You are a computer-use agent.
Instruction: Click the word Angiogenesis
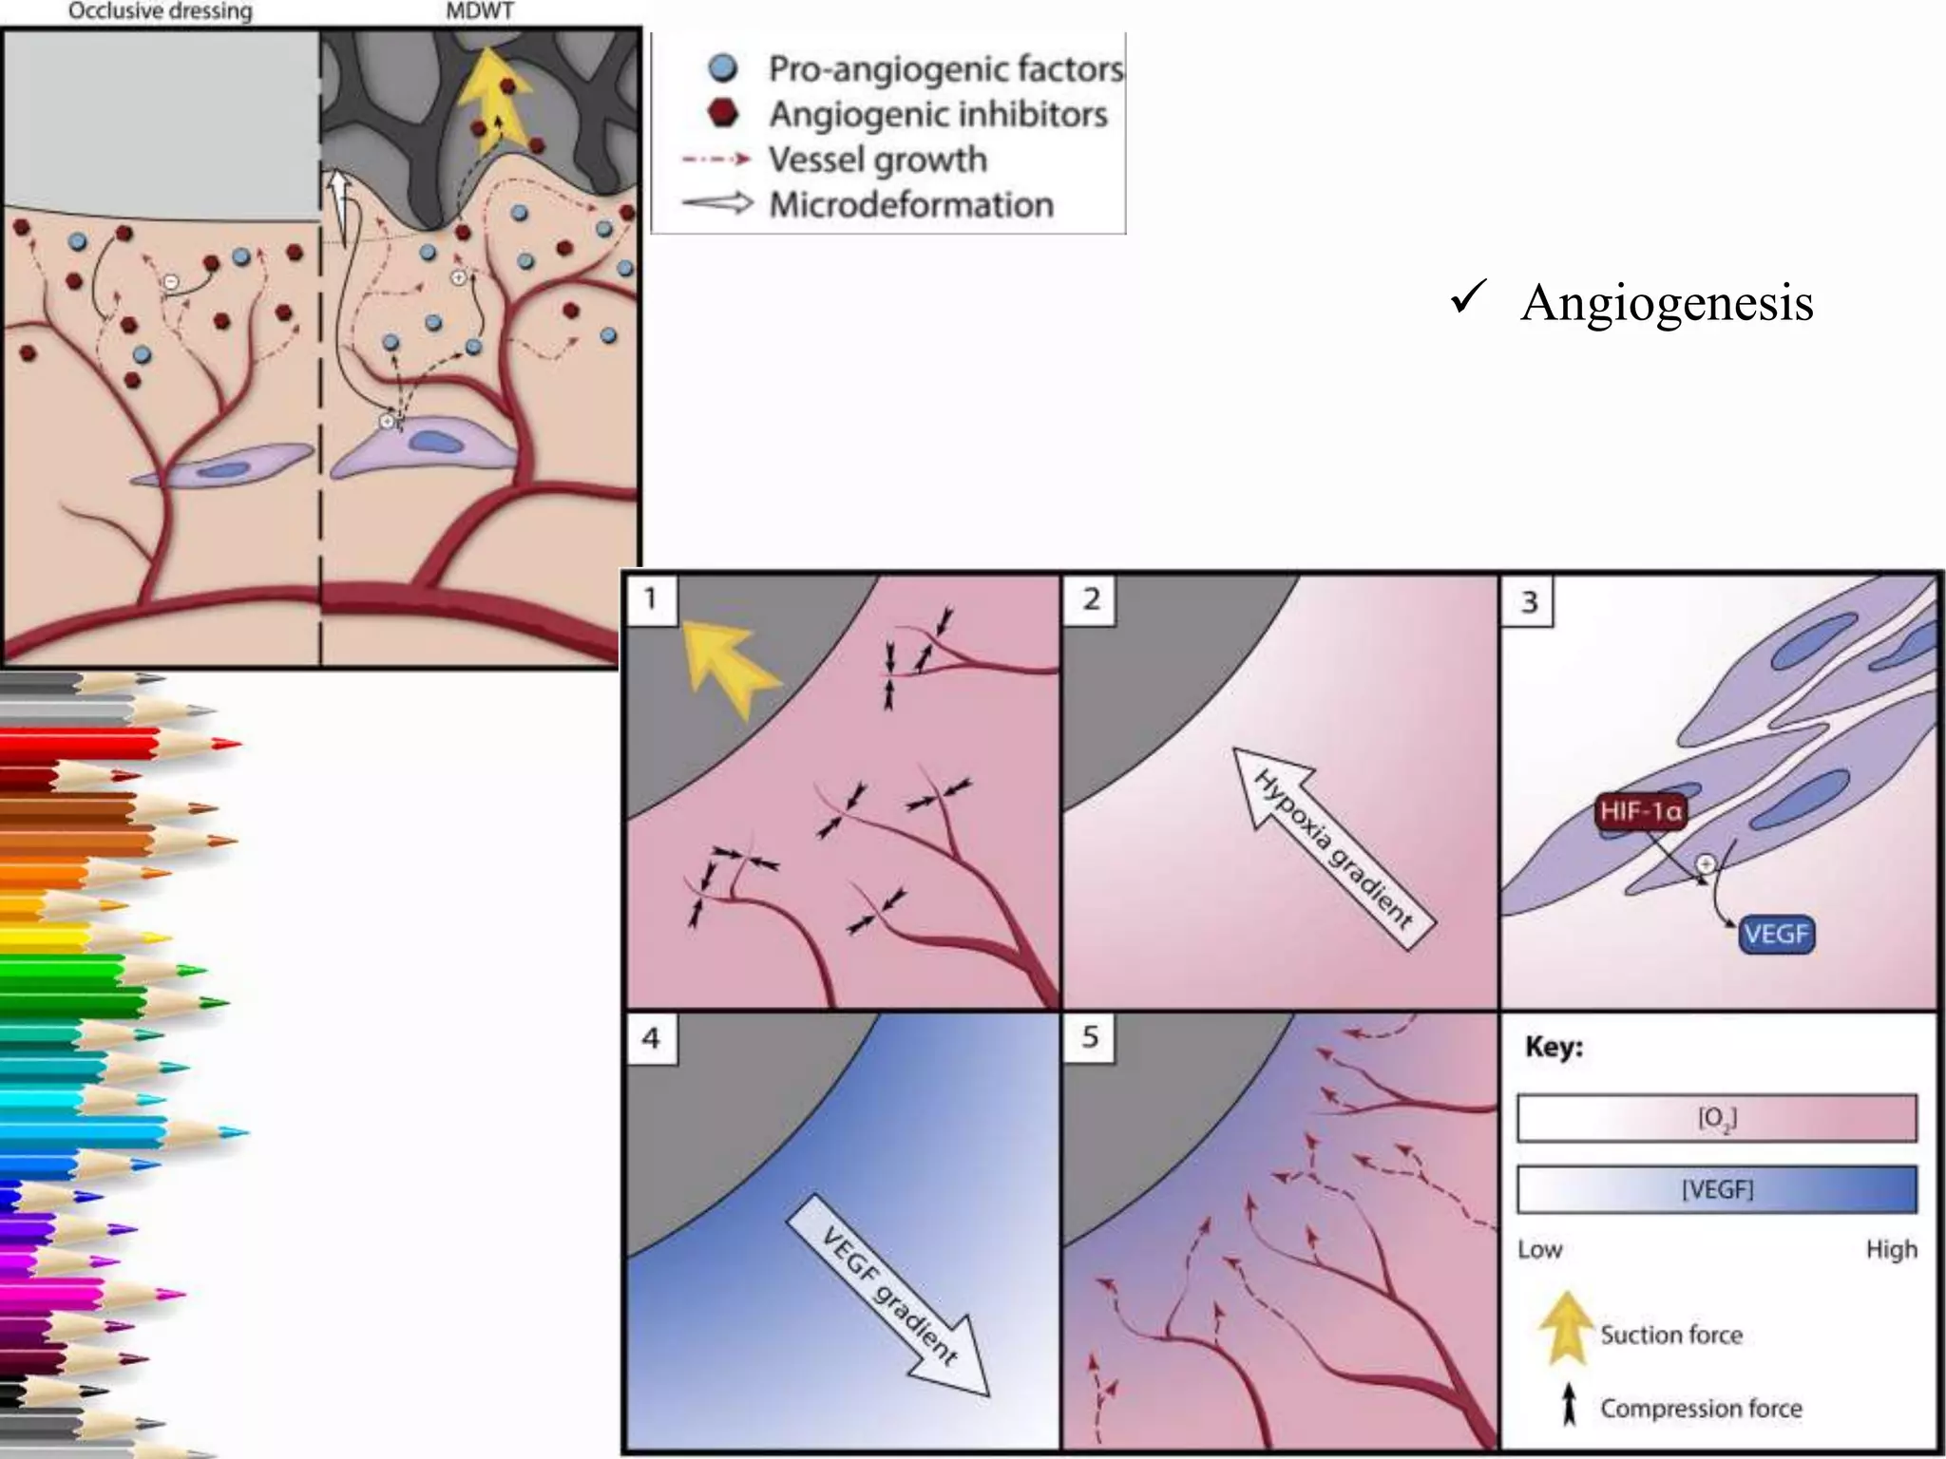tap(1667, 304)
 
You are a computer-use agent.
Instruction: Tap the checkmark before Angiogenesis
tap(1467, 298)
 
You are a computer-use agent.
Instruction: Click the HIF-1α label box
tap(1641, 811)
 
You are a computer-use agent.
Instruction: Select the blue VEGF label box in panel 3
tap(1776, 934)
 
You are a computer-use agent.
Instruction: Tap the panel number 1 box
tap(651, 599)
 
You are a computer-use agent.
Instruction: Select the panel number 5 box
tap(1090, 1036)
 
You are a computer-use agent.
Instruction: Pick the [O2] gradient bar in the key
tap(1716, 1118)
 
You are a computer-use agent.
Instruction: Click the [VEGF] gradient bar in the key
tap(1716, 1189)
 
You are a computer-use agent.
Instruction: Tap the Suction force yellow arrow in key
tap(1565, 1328)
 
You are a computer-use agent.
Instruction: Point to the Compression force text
tap(1701, 1408)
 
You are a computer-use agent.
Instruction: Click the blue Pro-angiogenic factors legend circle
tap(723, 68)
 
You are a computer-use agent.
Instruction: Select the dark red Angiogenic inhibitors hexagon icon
tap(723, 114)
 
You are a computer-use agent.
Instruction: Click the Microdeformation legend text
tap(910, 205)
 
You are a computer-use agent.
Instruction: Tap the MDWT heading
tap(480, 11)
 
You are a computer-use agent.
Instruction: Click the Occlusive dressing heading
tap(161, 11)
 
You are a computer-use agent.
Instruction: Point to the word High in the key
tap(1891, 1249)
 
